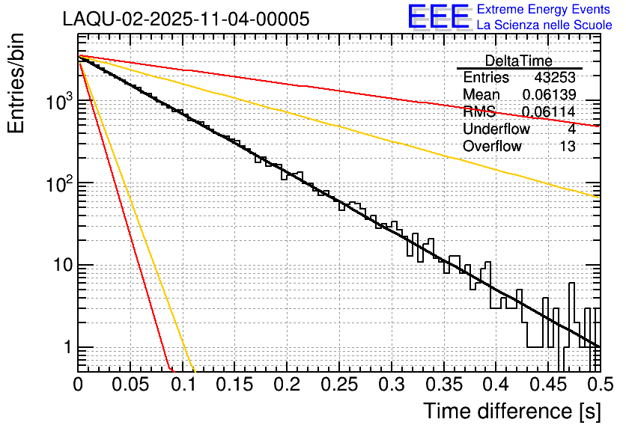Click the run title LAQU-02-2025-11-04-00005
[x=186, y=19]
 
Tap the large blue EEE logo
[x=439, y=17]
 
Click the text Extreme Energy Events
[x=544, y=10]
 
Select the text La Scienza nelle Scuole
[x=544, y=25]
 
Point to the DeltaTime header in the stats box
[x=518, y=61]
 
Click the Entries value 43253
[x=555, y=78]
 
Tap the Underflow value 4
[x=571, y=129]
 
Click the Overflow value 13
[x=568, y=146]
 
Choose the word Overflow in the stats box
[x=492, y=146]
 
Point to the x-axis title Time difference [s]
[x=511, y=411]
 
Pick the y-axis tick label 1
[x=66, y=348]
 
